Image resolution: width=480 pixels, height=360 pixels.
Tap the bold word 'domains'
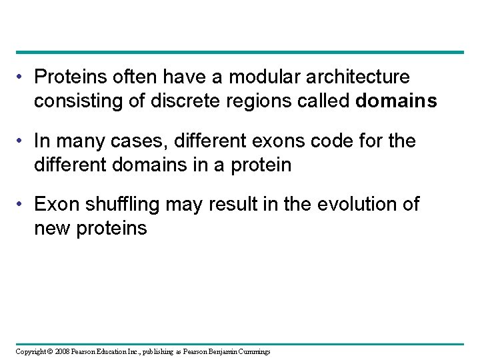pyautogui.click(x=397, y=101)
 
